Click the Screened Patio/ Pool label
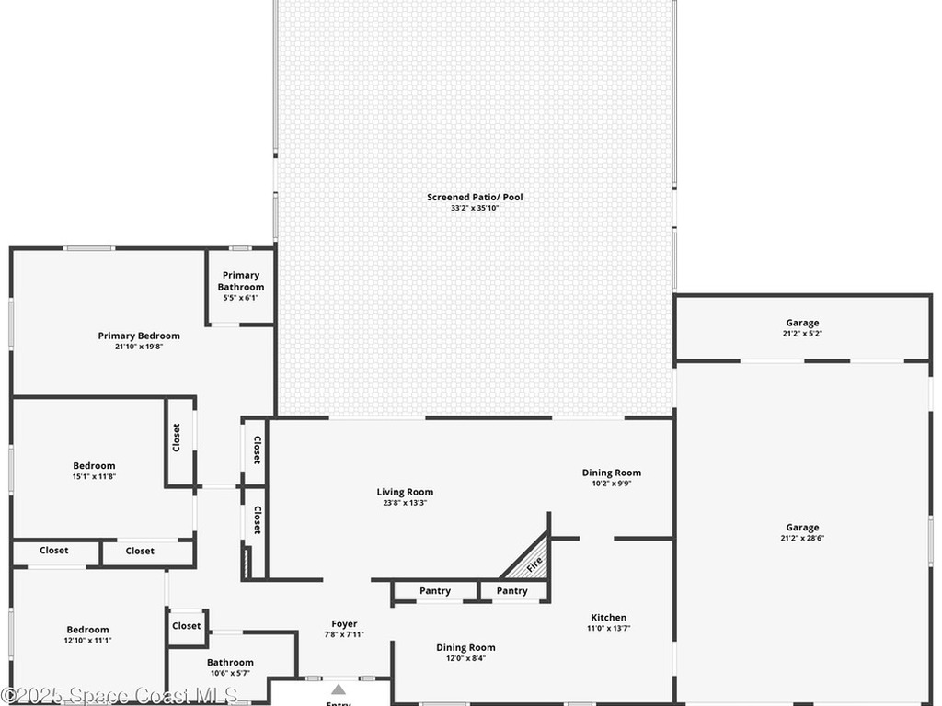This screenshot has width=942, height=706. [x=475, y=197]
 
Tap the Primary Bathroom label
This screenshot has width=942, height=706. [x=241, y=280]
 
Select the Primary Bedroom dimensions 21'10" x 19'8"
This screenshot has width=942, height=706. [x=139, y=347]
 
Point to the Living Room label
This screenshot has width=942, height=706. [x=405, y=492]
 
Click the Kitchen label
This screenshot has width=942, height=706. [x=608, y=618]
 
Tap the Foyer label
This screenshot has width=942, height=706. [x=344, y=624]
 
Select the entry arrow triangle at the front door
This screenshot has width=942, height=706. [x=339, y=689]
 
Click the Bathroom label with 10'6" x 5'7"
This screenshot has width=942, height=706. [x=230, y=662]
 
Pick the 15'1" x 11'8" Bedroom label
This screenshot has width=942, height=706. [x=95, y=466]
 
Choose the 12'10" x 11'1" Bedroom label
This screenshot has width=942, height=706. [x=88, y=630]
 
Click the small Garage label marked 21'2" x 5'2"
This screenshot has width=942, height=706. [x=802, y=323]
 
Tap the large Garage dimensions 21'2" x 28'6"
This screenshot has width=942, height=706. [x=802, y=539]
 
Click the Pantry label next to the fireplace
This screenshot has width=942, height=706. [x=512, y=591]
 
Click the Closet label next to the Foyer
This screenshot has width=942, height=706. [x=186, y=626]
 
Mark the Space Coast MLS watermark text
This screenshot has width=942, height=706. [x=120, y=696]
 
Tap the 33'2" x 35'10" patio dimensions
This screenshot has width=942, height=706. [x=475, y=209]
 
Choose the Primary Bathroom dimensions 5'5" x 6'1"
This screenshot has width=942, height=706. [x=241, y=298]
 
